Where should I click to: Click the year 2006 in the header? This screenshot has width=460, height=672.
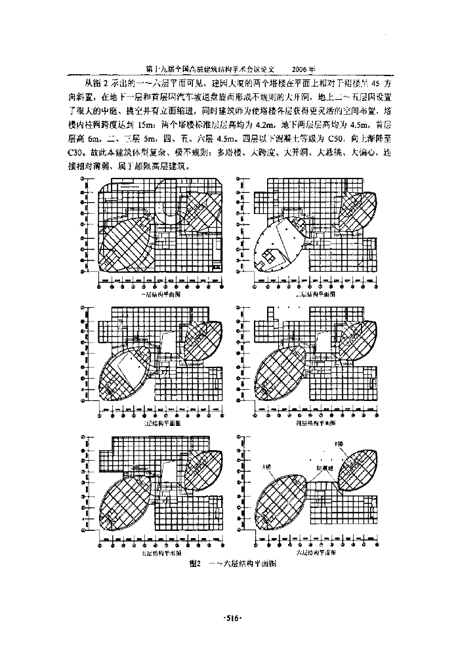coord(304,69)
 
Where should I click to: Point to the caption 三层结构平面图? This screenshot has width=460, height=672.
coord(161,424)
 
